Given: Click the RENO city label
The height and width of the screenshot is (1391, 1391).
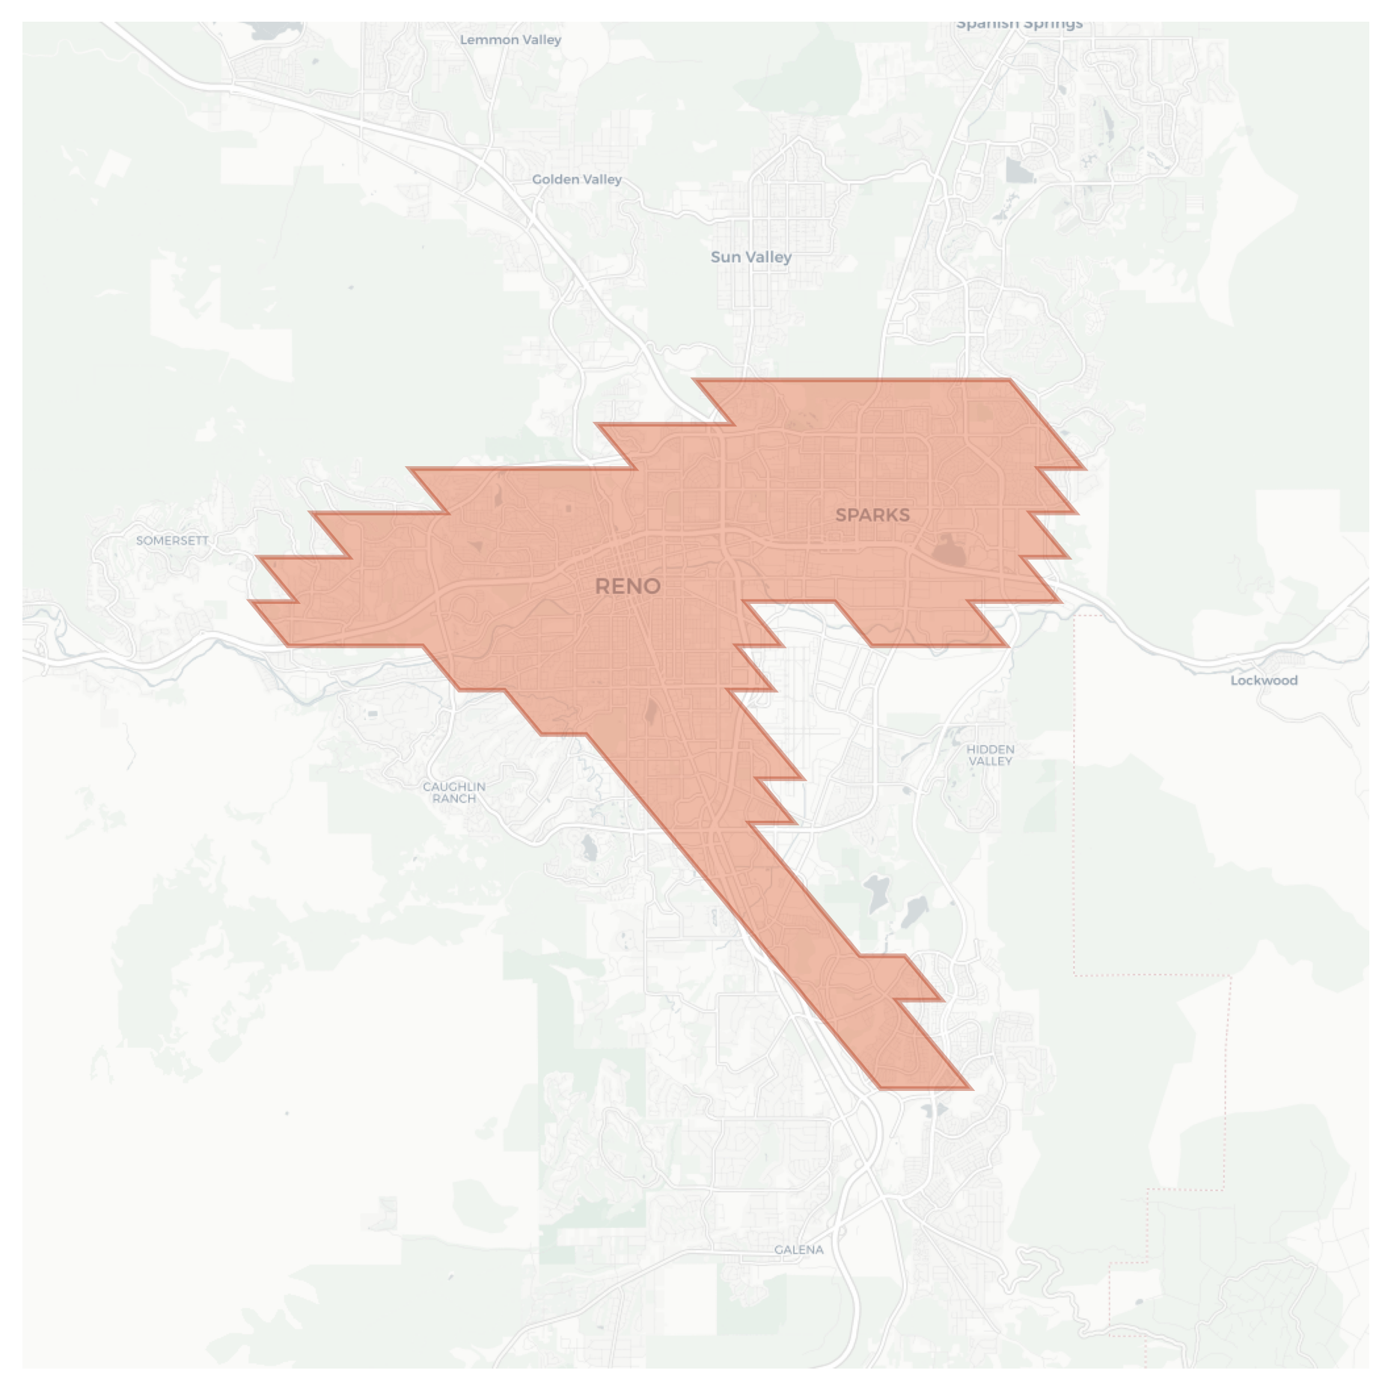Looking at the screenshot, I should coord(627,586).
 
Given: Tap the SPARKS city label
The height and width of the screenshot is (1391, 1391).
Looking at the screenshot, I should coord(872,515).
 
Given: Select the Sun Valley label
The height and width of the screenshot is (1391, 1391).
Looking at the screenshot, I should coord(750,257).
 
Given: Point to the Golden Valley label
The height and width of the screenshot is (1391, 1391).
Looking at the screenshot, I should coord(576,179).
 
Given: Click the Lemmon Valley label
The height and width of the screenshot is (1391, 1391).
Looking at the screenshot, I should coord(510,40).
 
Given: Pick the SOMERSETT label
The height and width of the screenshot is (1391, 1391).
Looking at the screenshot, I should coord(172,540).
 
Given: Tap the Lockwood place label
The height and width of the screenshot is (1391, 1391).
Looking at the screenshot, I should coord(1264,680).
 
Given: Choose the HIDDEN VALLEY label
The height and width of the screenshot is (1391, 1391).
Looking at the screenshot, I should coord(990,755).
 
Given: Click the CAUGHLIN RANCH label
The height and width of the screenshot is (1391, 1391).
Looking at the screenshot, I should coord(454,792).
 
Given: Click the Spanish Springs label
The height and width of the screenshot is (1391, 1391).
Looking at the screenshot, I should coord(1019,25).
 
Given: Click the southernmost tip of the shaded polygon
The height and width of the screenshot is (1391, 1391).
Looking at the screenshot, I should coord(880,1088).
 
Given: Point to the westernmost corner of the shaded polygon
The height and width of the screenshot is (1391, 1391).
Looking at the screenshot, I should coord(249,601).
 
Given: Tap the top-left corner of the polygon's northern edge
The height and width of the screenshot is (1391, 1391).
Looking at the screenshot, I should coord(695,380).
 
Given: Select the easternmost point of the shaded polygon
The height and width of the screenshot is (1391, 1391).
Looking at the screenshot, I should coord(1085,469).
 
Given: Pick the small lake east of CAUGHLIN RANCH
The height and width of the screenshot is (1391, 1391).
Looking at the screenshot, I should coord(589,847).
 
